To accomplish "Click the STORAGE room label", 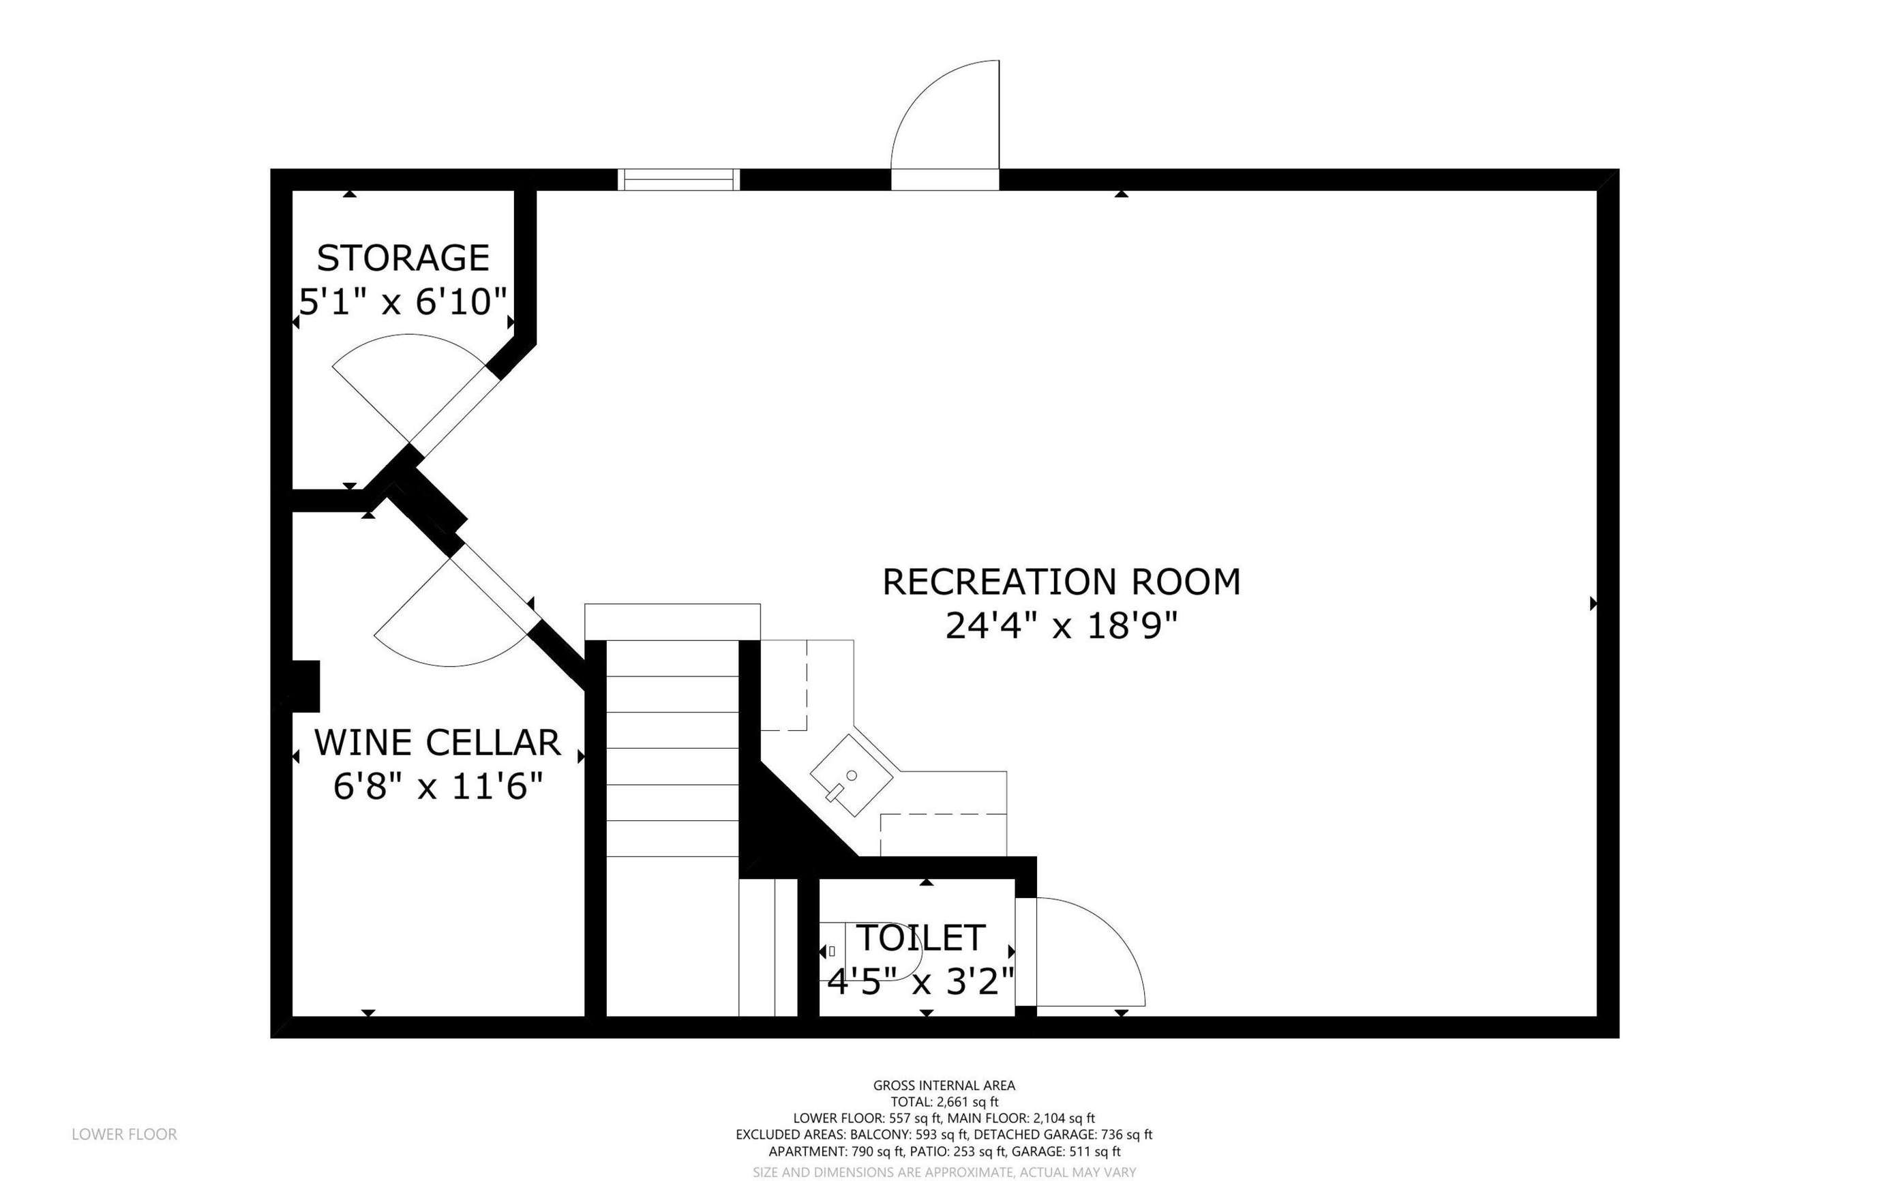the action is click(403, 258).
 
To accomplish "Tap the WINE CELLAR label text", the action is click(437, 743).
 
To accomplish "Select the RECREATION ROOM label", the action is click(1062, 582).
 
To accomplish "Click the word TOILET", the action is click(920, 938).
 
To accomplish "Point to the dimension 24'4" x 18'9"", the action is click(1062, 626).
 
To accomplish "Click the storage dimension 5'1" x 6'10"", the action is click(403, 301).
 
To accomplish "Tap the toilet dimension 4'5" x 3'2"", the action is click(920, 982).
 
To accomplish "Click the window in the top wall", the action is click(678, 179).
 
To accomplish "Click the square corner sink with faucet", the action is click(852, 775).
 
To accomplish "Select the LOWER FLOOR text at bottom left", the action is click(124, 1134).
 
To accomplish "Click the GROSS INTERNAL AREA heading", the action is click(944, 1085).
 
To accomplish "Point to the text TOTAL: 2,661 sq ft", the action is click(944, 1102).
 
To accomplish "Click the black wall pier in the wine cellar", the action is click(306, 687).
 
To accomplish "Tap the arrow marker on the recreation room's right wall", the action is click(1593, 603).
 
